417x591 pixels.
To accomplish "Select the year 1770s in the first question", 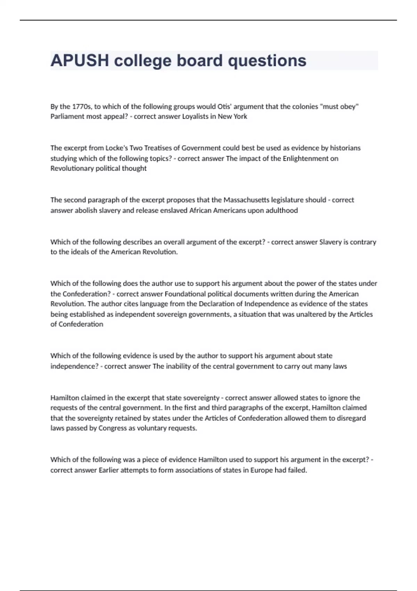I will [x=82, y=106].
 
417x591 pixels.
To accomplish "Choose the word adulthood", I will [x=281, y=210].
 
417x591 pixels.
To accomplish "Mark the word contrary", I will [x=363, y=242].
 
